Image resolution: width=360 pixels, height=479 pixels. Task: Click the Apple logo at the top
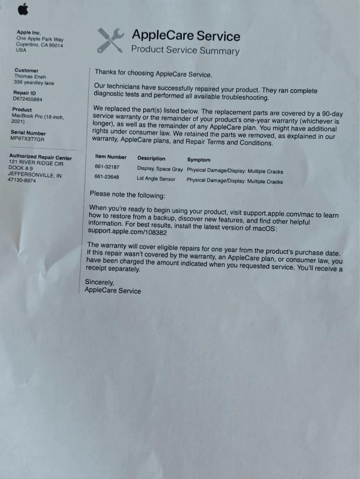(x=23, y=9)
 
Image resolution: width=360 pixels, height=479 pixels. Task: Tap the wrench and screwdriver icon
(x=110, y=40)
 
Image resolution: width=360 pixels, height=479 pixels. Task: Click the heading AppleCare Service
(x=186, y=35)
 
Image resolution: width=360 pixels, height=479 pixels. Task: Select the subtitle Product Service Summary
(x=185, y=50)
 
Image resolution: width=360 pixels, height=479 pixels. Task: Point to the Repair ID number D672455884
(x=28, y=99)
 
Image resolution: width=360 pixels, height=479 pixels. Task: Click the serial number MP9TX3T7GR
(x=28, y=139)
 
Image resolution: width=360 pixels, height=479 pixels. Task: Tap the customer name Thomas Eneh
(x=30, y=76)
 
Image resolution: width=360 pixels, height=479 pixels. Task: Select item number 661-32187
(x=107, y=167)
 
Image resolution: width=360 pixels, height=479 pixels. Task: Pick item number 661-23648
(x=106, y=177)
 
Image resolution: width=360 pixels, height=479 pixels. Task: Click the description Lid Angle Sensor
(x=156, y=179)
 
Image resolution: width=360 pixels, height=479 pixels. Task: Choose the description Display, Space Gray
(x=160, y=169)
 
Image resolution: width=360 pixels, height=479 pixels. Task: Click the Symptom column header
(x=199, y=160)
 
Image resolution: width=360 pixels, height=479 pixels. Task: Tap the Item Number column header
(x=111, y=157)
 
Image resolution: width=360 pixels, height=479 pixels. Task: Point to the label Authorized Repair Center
(x=40, y=157)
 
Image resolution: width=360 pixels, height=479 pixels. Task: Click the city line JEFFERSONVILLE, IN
(x=35, y=175)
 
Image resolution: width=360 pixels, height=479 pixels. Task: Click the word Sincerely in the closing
(x=99, y=283)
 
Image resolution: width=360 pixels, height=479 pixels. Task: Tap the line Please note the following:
(x=127, y=194)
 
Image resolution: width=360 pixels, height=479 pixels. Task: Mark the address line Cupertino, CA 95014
(x=40, y=45)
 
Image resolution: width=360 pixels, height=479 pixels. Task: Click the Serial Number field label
(x=28, y=133)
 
